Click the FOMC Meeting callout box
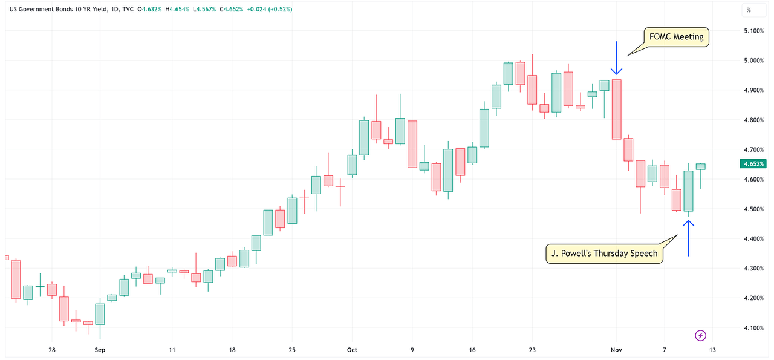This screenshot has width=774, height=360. tap(676, 37)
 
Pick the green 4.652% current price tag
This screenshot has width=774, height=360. tap(753, 164)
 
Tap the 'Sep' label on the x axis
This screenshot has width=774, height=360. tap(100, 350)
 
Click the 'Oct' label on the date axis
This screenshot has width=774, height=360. tap(353, 350)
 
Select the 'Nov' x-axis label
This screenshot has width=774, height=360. tap(617, 350)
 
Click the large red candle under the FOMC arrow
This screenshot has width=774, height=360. tap(616, 109)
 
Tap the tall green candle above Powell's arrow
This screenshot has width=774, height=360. tap(688, 191)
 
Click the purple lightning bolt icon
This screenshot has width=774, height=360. tap(700, 335)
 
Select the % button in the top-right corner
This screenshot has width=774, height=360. tap(748, 10)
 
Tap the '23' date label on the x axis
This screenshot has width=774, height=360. tap(532, 350)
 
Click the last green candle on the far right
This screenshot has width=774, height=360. tap(700, 166)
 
